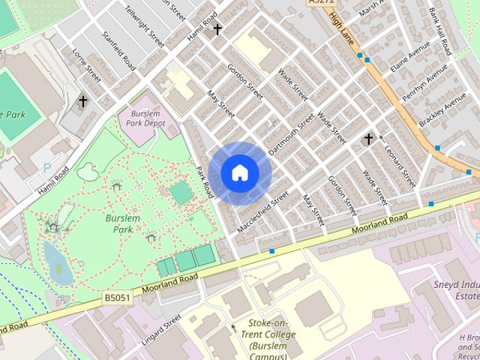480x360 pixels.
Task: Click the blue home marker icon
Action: (x=239, y=173)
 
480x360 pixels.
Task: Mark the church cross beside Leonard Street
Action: (x=368, y=139)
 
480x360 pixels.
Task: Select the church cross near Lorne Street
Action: (x=83, y=100)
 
